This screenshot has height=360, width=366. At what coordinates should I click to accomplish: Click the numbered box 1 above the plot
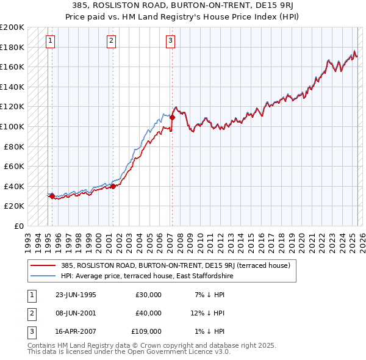50,41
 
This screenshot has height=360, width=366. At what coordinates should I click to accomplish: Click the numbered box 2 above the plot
111,41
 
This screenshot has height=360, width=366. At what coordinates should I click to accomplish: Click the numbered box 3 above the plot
170,41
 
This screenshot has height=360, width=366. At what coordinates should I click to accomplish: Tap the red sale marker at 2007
173,117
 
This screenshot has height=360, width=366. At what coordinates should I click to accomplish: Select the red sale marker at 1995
52,196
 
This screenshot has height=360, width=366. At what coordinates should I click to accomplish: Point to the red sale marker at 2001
113,186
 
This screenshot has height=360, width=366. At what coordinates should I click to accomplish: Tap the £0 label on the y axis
19,226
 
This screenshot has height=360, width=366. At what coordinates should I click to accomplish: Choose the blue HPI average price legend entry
147,276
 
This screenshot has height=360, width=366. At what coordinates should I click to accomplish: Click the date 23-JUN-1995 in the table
76,295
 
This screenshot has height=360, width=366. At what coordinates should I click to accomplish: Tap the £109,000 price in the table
147,331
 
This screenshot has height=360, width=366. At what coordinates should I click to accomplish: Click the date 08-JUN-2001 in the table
76,313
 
